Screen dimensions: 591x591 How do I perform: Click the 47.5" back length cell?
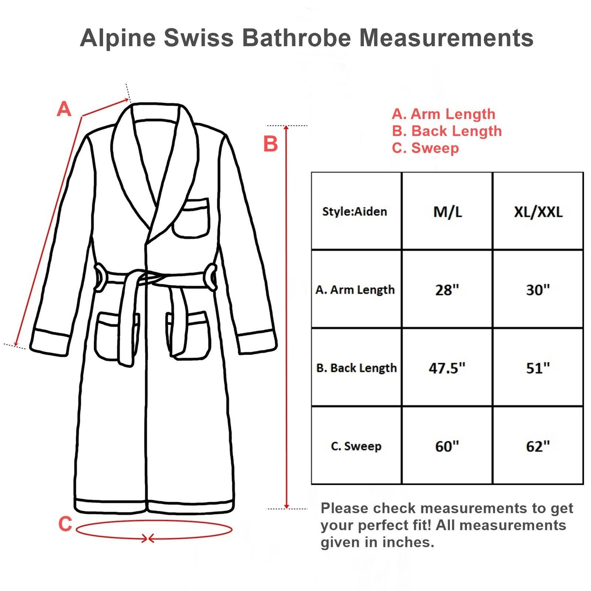[x=447, y=368]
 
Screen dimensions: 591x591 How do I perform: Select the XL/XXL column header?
[x=538, y=211]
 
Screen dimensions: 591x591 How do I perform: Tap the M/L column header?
[x=447, y=211]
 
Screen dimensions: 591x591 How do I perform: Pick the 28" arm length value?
[x=447, y=290]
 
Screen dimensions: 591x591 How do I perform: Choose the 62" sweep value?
[x=538, y=446]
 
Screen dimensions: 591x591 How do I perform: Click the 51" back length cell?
[x=538, y=368]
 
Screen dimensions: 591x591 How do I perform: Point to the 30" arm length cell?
[x=538, y=290]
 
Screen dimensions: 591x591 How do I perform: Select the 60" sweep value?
[x=447, y=446]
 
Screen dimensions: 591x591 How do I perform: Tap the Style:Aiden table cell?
[x=355, y=211]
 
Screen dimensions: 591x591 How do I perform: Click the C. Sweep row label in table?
[x=356, y=446]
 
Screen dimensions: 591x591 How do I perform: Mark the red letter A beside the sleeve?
[x=64, y=109]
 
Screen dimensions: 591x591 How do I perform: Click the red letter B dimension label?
[x=270, y=144]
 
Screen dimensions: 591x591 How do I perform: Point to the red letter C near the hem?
[x=65, y=524]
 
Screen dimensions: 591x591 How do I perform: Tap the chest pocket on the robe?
[x=191, y=218]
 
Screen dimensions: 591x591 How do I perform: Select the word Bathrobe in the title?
[x=297, y=38]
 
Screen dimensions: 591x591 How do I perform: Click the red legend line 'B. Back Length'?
[x=447, y=131]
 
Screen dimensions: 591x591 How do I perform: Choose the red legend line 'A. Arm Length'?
[x=443, y=114]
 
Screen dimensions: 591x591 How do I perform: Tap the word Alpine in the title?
[x=118, y=38]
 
